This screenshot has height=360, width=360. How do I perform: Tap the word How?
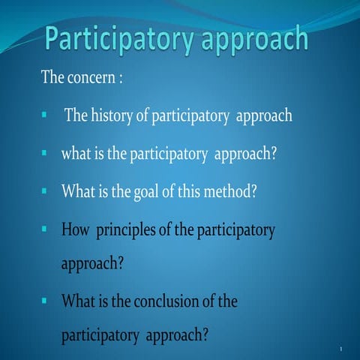pos(75,227)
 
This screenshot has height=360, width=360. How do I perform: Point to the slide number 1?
pos(340,349)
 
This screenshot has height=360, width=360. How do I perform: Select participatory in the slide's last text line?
pos(97,336)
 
